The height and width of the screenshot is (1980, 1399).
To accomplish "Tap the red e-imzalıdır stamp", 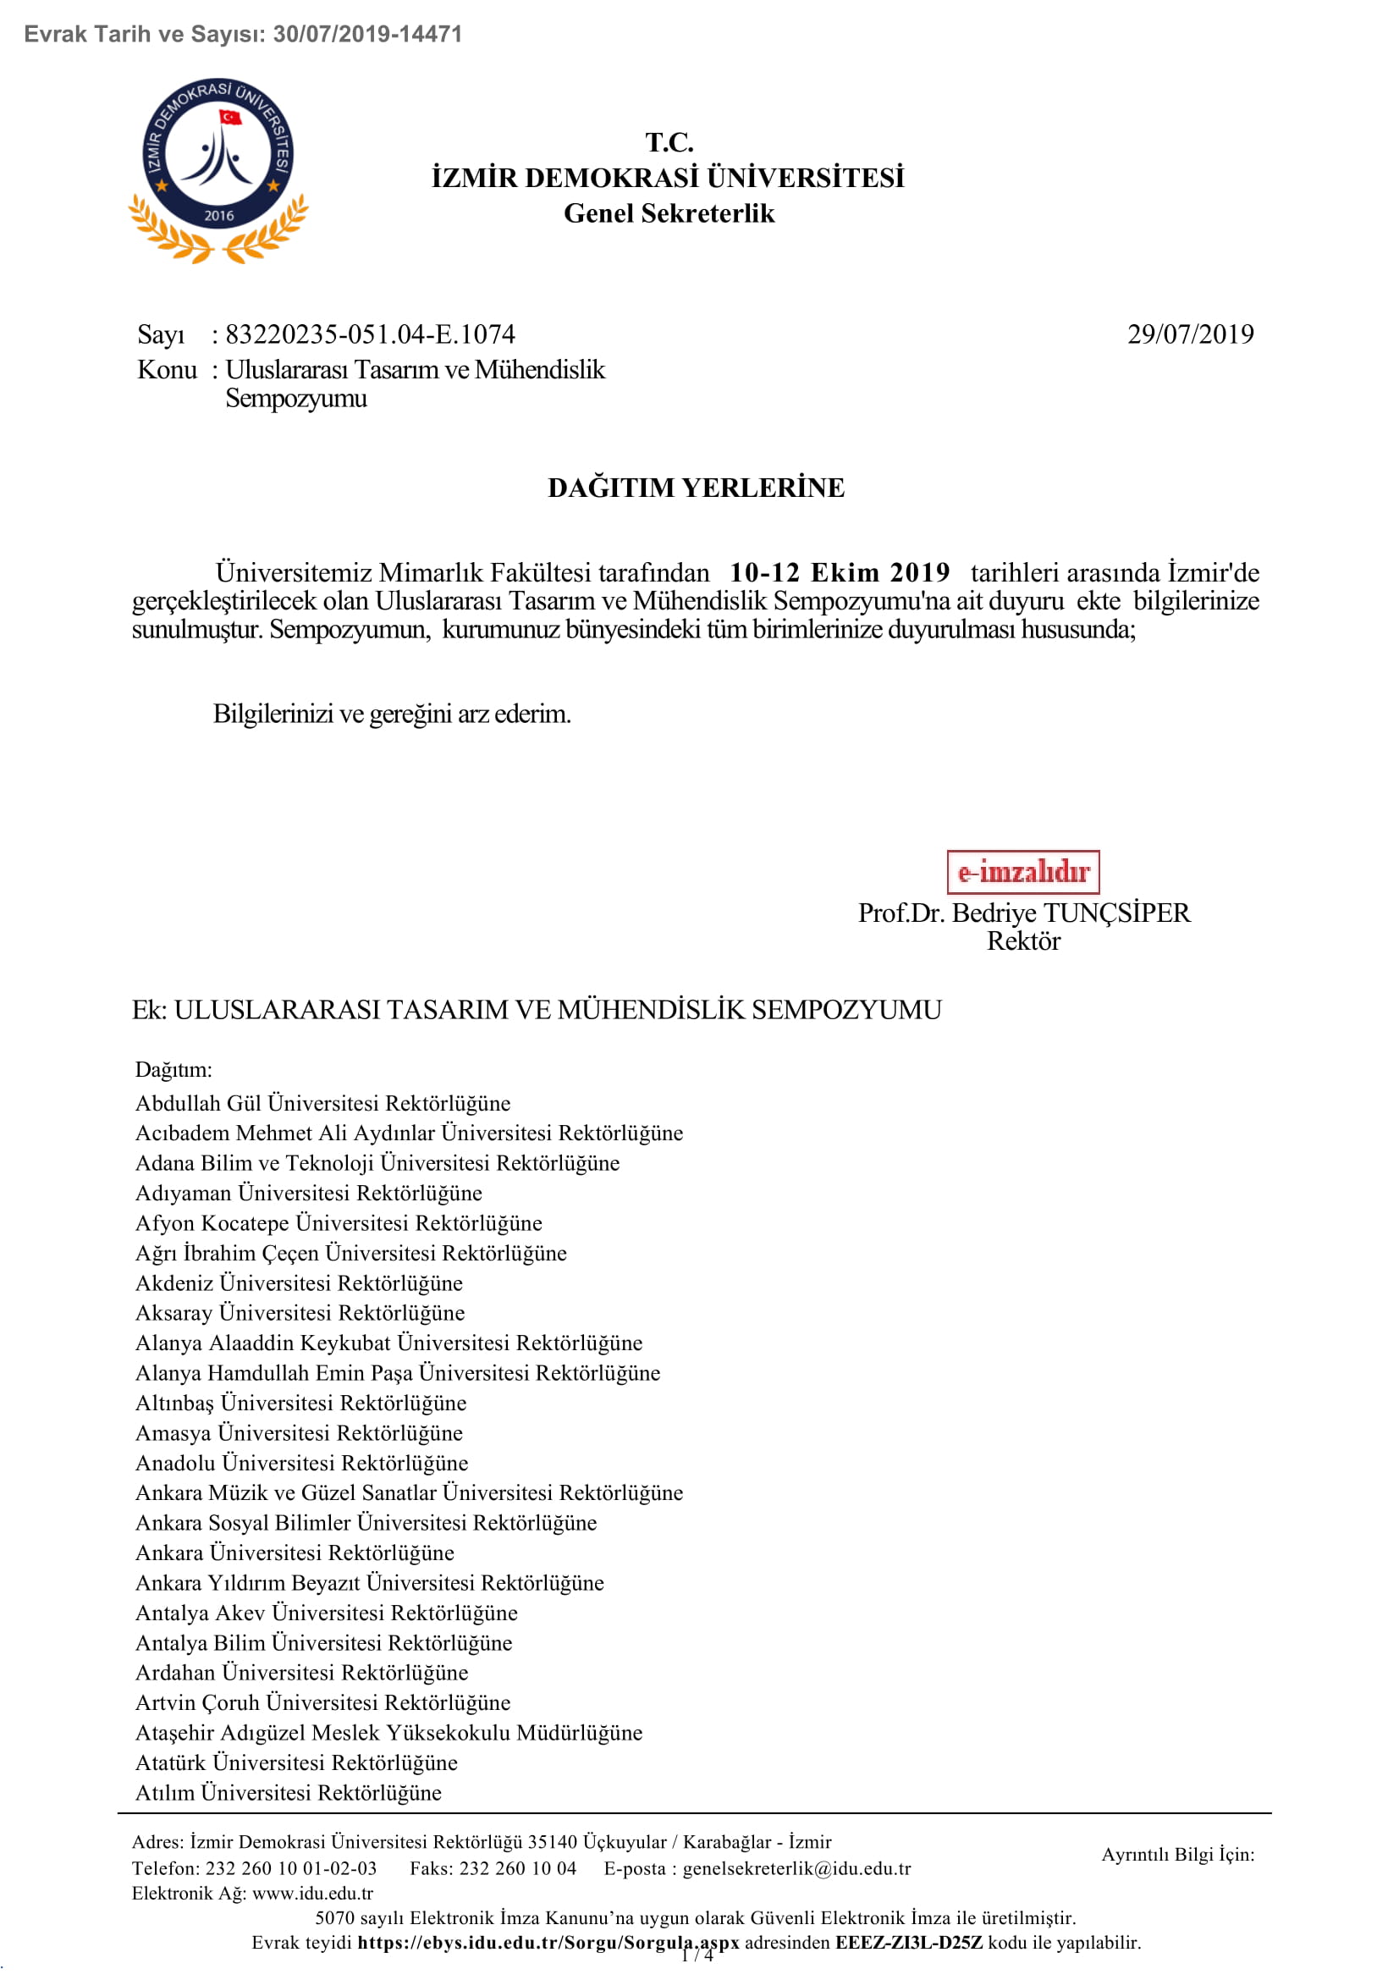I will coord(1022,872).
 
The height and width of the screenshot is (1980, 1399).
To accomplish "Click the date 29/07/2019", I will coord(1190,334).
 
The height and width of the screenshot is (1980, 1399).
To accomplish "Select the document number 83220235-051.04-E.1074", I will coord(370,334).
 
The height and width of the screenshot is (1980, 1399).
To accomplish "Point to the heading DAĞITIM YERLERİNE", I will coord(696,488).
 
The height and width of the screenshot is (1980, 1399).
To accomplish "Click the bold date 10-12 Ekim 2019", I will coord(839,572).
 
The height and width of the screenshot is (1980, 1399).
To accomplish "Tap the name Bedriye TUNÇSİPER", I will coord(1071,913).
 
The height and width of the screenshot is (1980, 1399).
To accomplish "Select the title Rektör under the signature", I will coord(1023,940).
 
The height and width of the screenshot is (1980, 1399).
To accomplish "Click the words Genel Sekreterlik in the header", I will coord(669,214).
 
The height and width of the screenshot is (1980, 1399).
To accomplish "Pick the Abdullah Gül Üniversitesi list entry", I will coord(322,1103).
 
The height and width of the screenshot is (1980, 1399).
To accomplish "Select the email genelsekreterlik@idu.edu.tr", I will coord(796,1868).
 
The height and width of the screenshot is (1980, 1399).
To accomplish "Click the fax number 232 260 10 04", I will coord(517,1868).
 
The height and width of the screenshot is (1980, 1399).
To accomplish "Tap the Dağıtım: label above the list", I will coord(173,1069).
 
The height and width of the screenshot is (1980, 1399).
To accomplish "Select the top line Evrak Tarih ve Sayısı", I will coord(243,35).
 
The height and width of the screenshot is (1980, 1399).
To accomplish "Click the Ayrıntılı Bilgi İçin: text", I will coord(1177,1854).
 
